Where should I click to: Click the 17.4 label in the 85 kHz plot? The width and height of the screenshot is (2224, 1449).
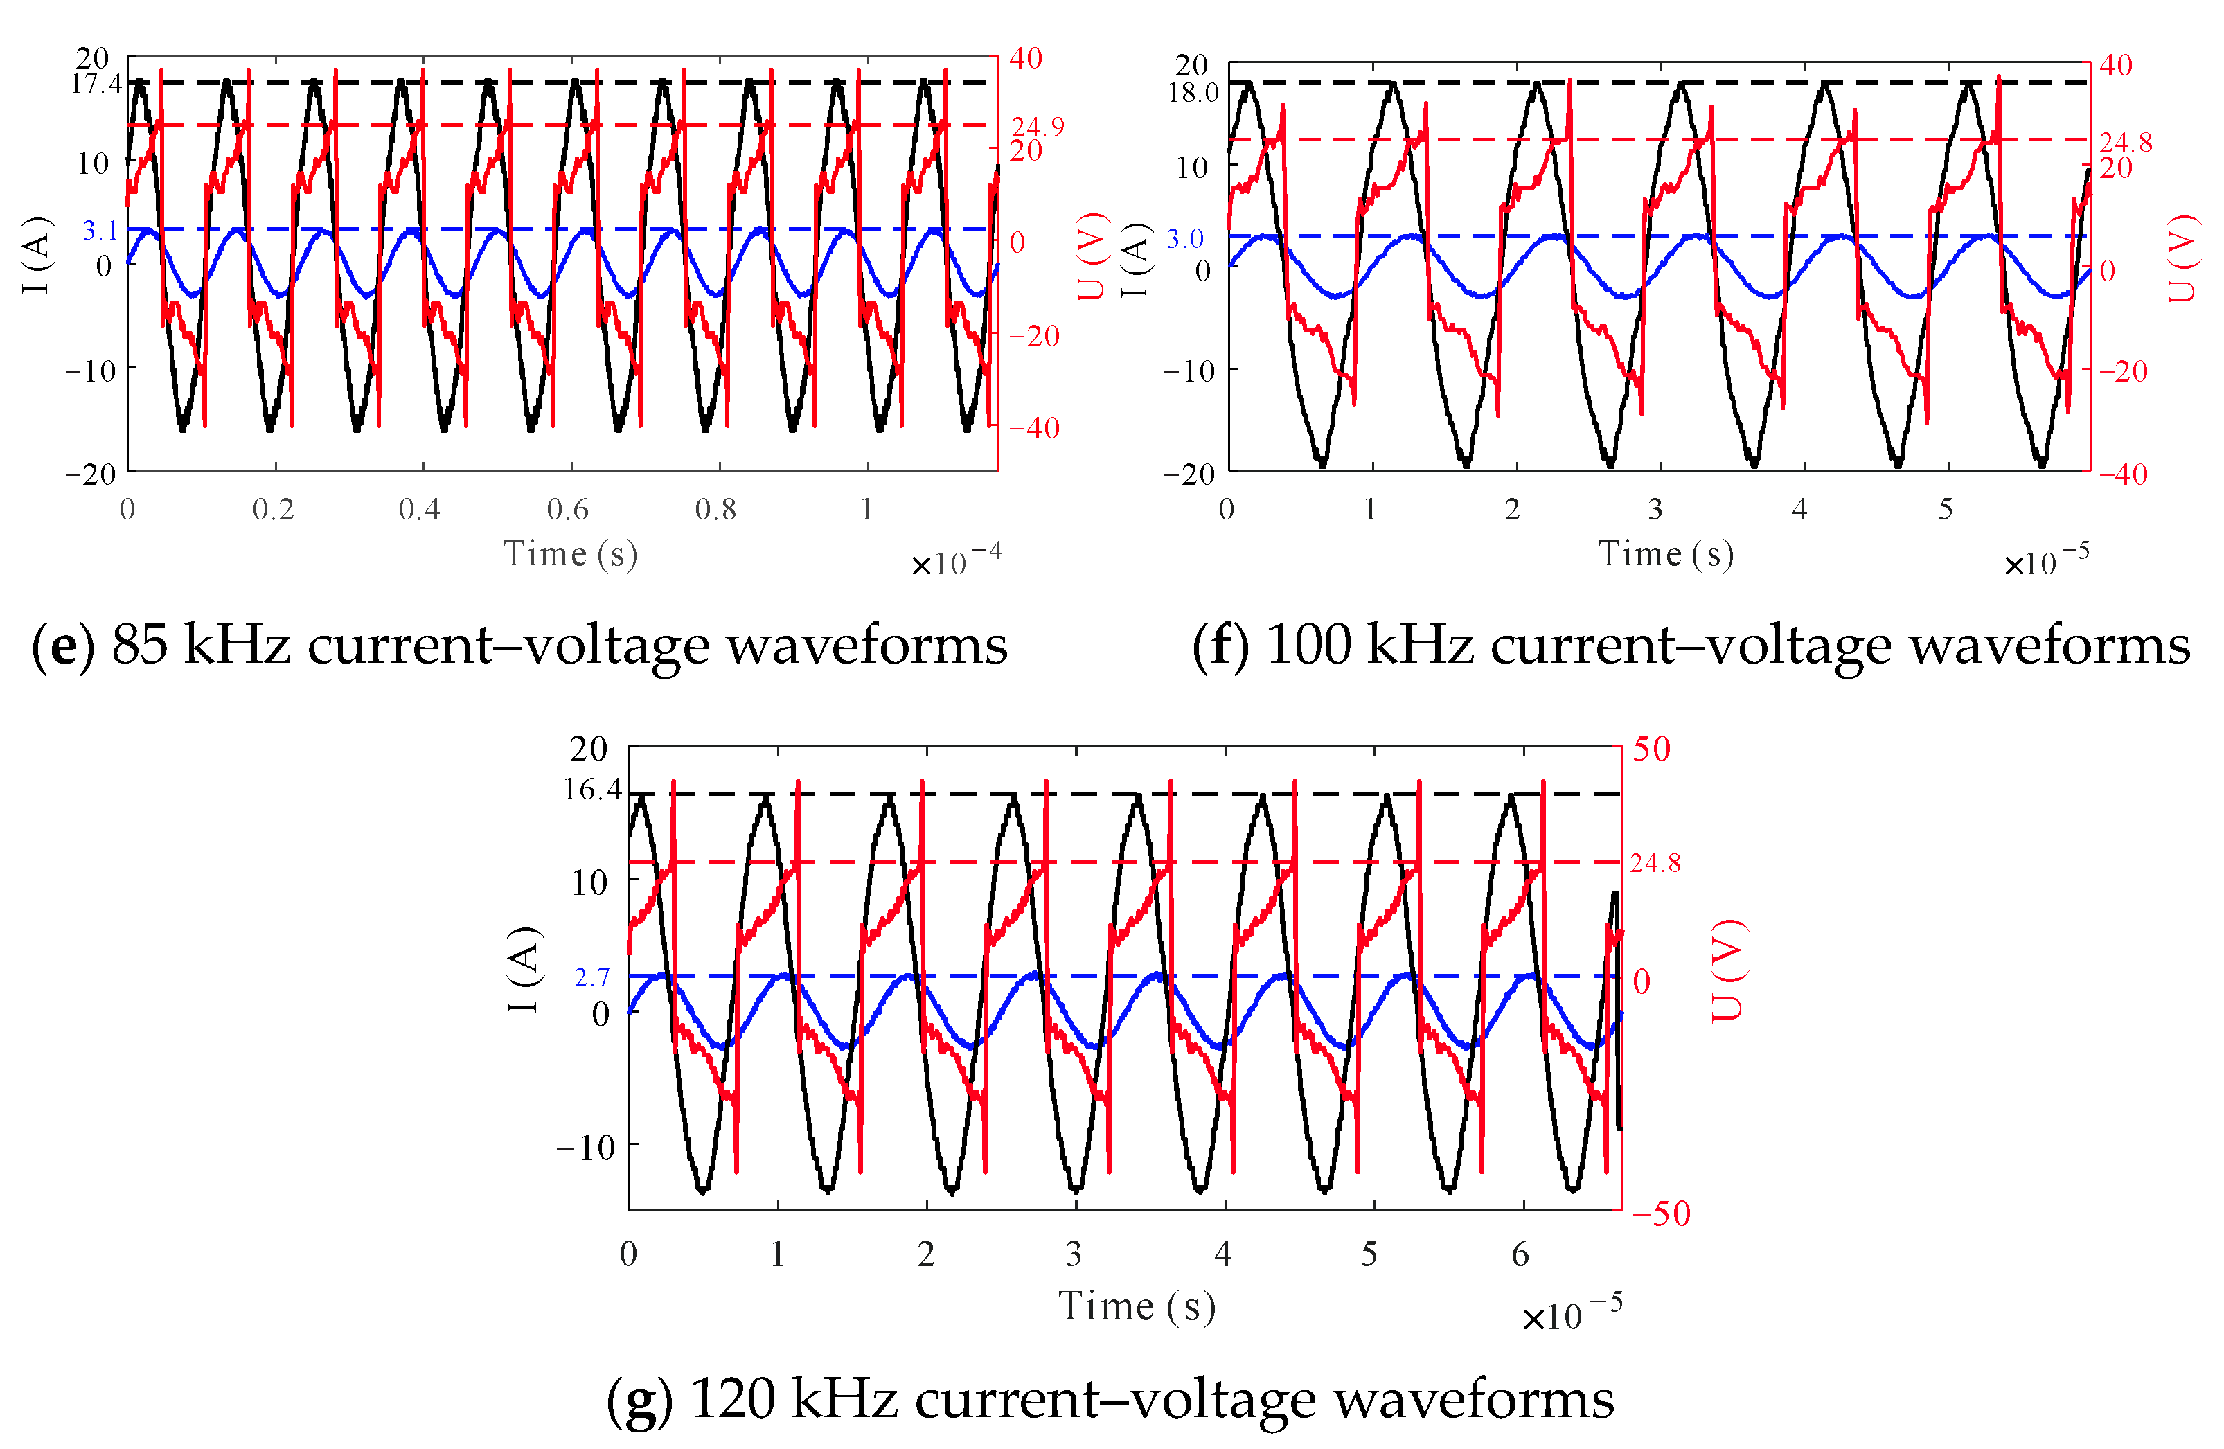point(96,84)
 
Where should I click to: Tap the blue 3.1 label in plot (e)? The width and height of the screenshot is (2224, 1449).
point(100,231)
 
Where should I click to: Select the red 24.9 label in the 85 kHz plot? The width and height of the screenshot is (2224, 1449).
point(1038,127)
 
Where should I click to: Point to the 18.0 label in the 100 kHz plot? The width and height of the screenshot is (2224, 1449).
point(1193,94)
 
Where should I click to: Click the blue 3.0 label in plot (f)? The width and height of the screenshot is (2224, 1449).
point(1185,239)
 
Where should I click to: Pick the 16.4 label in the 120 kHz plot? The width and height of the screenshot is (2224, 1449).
point(591,790)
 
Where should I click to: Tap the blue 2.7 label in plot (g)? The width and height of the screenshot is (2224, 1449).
point(591,978)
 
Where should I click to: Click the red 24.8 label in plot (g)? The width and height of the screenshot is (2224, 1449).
point(1655,863)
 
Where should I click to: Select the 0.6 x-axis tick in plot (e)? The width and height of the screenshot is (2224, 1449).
point(567,510)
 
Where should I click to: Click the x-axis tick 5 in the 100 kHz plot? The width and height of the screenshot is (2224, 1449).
point(1946,510)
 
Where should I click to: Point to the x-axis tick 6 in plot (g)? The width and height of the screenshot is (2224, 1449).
point(1520,1254)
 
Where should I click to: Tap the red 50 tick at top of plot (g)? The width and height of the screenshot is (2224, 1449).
point(1651,749)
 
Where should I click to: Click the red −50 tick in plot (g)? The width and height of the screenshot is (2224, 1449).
point(1662,1214)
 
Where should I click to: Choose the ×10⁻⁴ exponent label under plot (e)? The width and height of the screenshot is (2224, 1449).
point(956,562)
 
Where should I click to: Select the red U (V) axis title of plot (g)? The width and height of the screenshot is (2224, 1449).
point(1728,970)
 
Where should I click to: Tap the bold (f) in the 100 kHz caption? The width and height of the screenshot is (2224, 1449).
point(1220,646)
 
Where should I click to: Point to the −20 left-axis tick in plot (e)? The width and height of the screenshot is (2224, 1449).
point(90,474)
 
